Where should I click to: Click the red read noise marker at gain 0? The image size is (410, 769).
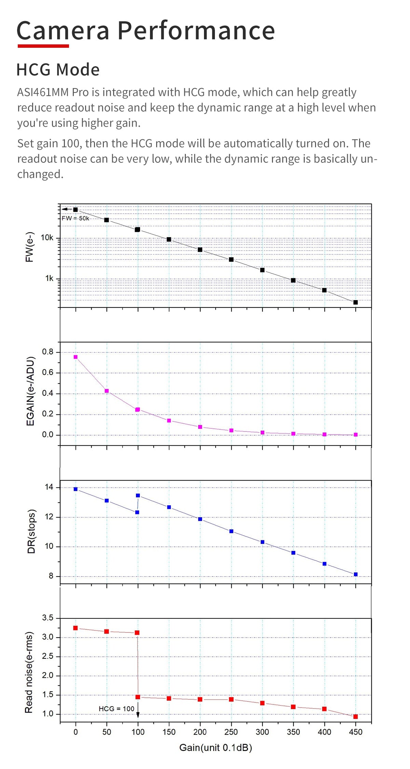pyautogui.click(x=76, y=628)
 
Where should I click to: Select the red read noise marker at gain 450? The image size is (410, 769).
pyautogui.click(x=355, y=717)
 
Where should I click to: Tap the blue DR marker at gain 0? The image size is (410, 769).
pyautogui.click(x=76, y=489)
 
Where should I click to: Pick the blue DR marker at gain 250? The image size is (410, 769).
pyautogui.click(x=231, y=531)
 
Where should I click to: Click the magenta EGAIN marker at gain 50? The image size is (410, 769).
pyautogui.click(x=107, y=391)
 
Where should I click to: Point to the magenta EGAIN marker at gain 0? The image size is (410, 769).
pyautogui.click(x=76, y=357)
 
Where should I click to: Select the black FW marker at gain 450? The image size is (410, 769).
pyautogui.click(x=355, y=302)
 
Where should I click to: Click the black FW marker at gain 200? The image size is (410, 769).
pyautogui.click(x=200, y=250)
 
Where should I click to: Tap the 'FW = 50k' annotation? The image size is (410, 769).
pyautogui.click(x=75, y=218)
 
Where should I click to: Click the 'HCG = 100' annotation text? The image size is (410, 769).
pyautogui.click(x=116, y=709)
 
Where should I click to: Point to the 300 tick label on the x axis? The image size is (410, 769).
pyautogui.click(x=262, y=732)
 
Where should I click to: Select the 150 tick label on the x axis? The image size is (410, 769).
pyautogui.click(x=169, y=732)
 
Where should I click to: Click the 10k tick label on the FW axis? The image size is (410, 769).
pyautogui.click(x=47, y=238)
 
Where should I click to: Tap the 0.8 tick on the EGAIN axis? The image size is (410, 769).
pyautogui.click(x=48, y=352)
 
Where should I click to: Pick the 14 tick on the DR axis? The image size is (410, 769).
pyautogui.click(x=49, y=487)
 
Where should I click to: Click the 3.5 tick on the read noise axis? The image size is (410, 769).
pyautogui.click(x=48, y=618)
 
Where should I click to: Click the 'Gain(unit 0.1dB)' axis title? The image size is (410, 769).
pyautogui.click(x=216, y=748)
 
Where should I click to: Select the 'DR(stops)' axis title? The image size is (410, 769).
pyautogui.click(x=31, y=531)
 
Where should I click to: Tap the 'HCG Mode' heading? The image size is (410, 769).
pyautogui.click(x=58, y=70)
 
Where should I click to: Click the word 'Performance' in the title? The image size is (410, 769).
pyautogui.click(x=196, y=31)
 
